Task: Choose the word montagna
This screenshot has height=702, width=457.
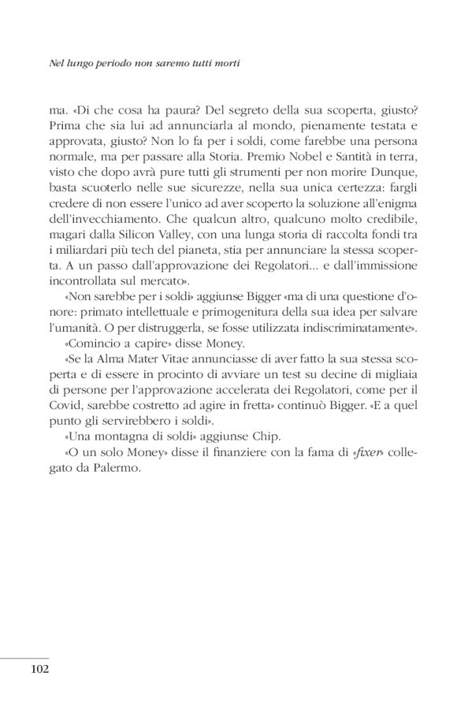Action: click(x=106, y=436)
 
